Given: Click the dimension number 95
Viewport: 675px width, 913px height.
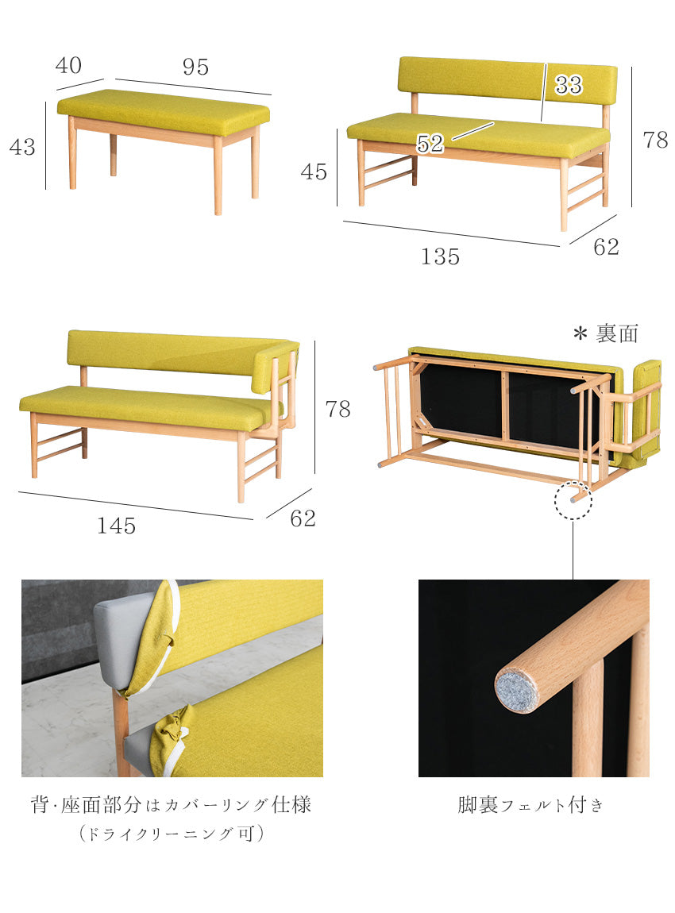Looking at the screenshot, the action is pos(195,67).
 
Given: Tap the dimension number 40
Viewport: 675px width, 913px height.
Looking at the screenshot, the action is pos(68,65).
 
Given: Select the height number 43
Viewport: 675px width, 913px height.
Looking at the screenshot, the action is pos(22,147).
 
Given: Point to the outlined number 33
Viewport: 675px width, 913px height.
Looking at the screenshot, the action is pos(569,85).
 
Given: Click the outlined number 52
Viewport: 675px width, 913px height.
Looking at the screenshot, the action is pos(430,143).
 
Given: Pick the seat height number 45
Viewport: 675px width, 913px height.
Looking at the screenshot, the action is pos(314,171).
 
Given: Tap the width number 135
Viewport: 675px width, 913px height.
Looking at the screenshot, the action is pos(440,256).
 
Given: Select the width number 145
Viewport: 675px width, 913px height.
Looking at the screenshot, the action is pos(117,526).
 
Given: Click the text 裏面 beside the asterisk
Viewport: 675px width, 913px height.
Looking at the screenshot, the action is pos(617,333).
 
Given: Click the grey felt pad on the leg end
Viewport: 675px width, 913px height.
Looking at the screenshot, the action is pos(517,691).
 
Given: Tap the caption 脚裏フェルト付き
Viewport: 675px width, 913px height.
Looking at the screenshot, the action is pos(530,805).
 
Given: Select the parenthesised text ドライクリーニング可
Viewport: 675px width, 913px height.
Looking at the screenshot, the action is pos(172,834).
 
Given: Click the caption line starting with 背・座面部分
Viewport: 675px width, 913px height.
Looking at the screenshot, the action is pos(172,805).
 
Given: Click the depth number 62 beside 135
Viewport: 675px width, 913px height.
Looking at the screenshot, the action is pos(606,247).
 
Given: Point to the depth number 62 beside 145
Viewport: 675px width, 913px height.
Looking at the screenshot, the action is pos(303,518).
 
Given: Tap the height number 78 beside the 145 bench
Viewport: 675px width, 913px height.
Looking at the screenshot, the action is pos(337,409).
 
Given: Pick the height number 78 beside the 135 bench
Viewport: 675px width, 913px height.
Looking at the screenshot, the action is pos(655,140).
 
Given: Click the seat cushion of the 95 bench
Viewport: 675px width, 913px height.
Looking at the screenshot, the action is pos(164,110).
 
